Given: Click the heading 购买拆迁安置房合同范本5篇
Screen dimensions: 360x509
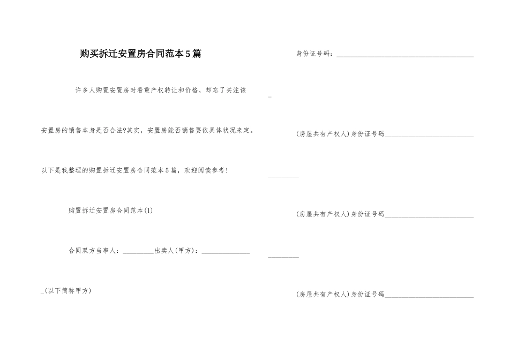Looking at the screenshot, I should pyautogui.click(x=140, y=54).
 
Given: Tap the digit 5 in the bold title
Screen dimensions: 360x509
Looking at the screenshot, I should pyautogui.click(x=188, y=54).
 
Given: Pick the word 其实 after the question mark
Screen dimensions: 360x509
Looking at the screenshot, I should pyautogui.click(x=134, y=130).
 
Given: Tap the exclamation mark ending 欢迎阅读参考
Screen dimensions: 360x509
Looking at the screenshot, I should pyautogui.click(x=227, y=170).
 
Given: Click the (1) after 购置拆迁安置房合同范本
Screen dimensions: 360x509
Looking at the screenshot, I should pyautogui.click(x=149, y=211).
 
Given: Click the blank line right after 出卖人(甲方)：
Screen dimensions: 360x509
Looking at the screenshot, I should pyautogui.click(x=226, y=252).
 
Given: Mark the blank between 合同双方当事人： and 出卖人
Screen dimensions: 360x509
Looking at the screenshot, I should pyautogui.click(x=138, y=252).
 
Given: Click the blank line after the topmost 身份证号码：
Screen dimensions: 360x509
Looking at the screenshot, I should pyautogui.click(x=405, y=55).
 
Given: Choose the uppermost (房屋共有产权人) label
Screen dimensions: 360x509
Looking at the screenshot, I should pyautogui.click(x=323, y=134).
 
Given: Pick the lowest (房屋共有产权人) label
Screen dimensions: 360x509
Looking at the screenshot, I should pyautogui.click(x=323, y=294).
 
